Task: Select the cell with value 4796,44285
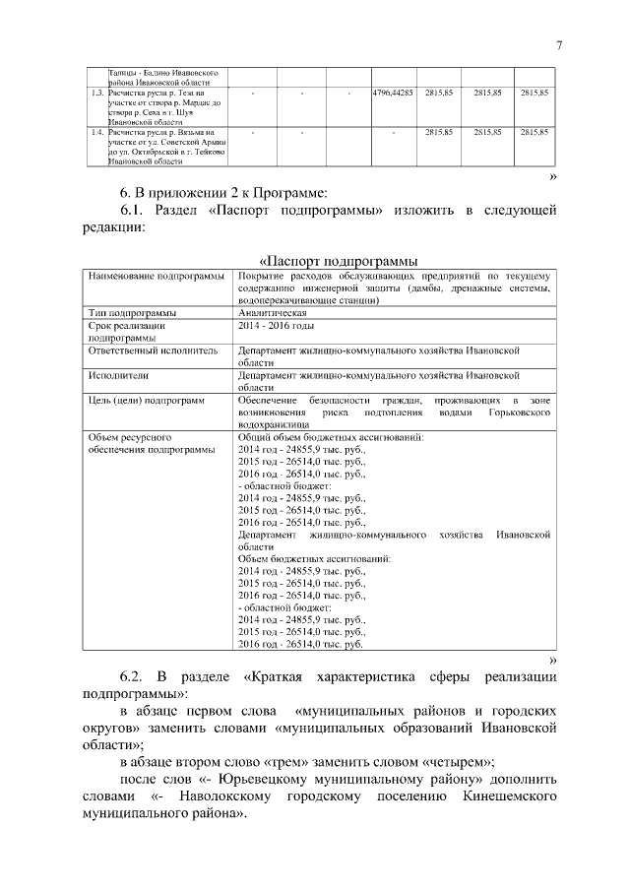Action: tap(392, 93)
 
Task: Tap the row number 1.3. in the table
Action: tap(96, 93)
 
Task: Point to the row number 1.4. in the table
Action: tap(96, 131)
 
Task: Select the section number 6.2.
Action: tap(138, 678)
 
